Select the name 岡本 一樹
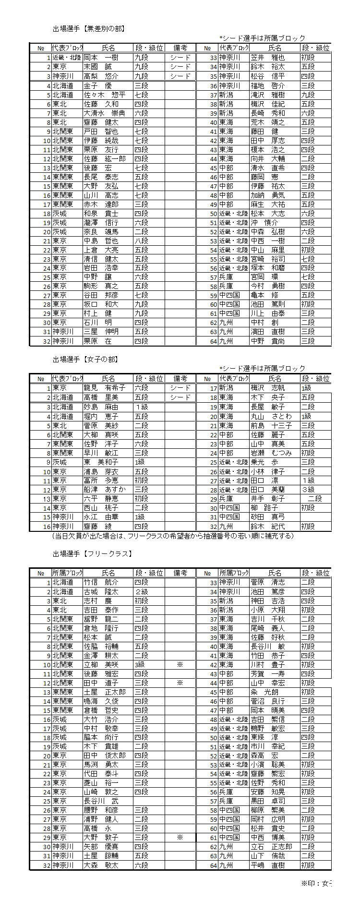coord(101,58)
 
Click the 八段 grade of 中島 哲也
coord(141,241)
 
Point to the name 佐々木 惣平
coord(105,95)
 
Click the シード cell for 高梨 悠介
coord(180,76)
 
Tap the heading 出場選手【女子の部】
coord(85,360)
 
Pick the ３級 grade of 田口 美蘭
coord(308,490)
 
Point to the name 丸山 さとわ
coord(271,417)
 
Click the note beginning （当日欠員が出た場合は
coord(172,536)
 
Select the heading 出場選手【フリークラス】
coord(92,554)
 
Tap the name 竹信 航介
coord(101,582)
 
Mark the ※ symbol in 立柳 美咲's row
coord(180,665)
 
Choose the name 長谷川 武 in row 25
coord(101,801)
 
